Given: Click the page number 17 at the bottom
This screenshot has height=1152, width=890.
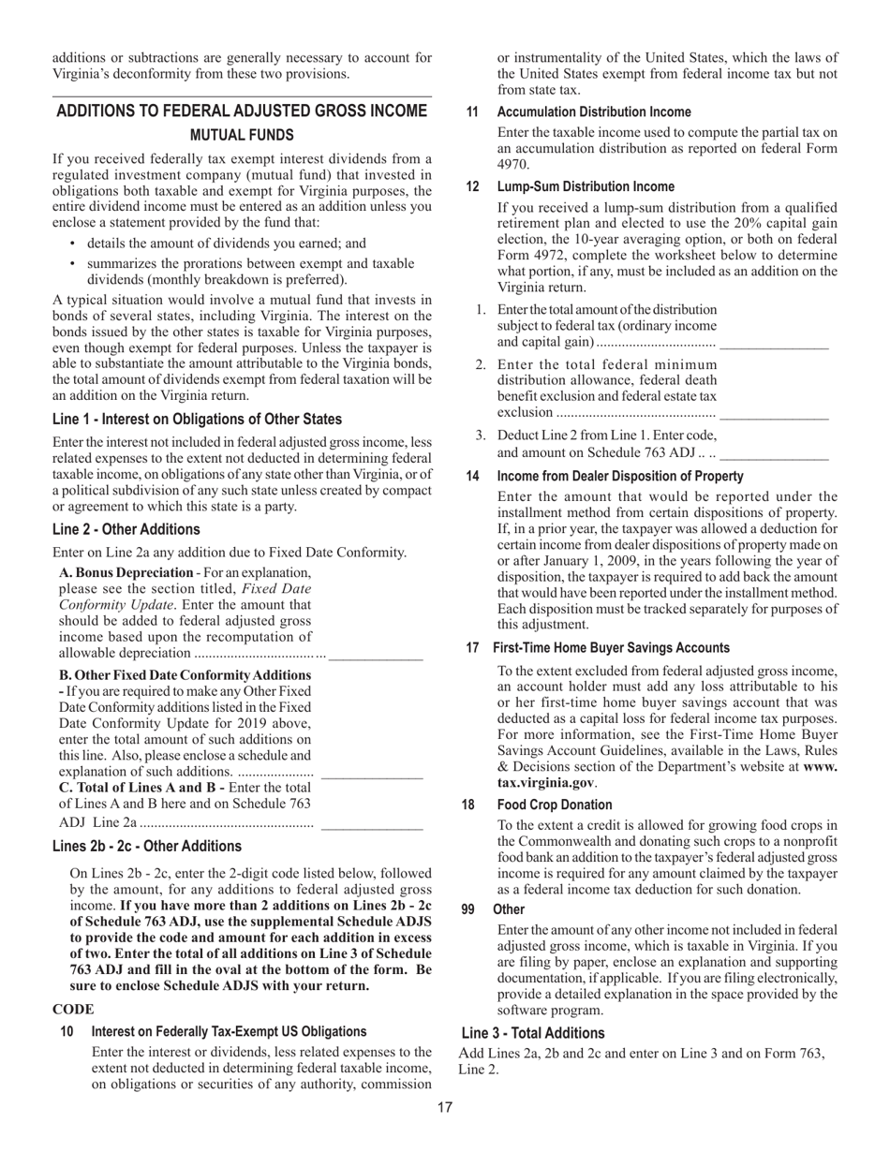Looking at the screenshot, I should (x=445, y=1108).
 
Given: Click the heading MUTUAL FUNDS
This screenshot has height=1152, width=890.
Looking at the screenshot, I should (x=242, y=136).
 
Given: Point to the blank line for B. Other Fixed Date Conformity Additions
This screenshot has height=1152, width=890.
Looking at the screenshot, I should (x=371, y=777).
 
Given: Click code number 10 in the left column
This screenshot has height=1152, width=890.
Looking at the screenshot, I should (x=67, y=1031).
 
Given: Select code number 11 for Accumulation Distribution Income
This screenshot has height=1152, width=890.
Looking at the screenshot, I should (x=472, y=112).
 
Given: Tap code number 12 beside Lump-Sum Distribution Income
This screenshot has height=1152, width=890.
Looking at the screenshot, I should (x=472, y=187).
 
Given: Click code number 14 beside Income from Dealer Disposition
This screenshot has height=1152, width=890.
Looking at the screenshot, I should (x=472, y=477).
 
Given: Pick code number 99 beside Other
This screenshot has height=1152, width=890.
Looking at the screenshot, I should (x=472, y=909).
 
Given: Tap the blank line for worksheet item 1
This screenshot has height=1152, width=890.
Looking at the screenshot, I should (x=774, y=347).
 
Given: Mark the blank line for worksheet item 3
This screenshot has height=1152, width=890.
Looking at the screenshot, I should (x=774, y=457).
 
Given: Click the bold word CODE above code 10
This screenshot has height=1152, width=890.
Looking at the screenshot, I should (x=72, y=1010).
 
